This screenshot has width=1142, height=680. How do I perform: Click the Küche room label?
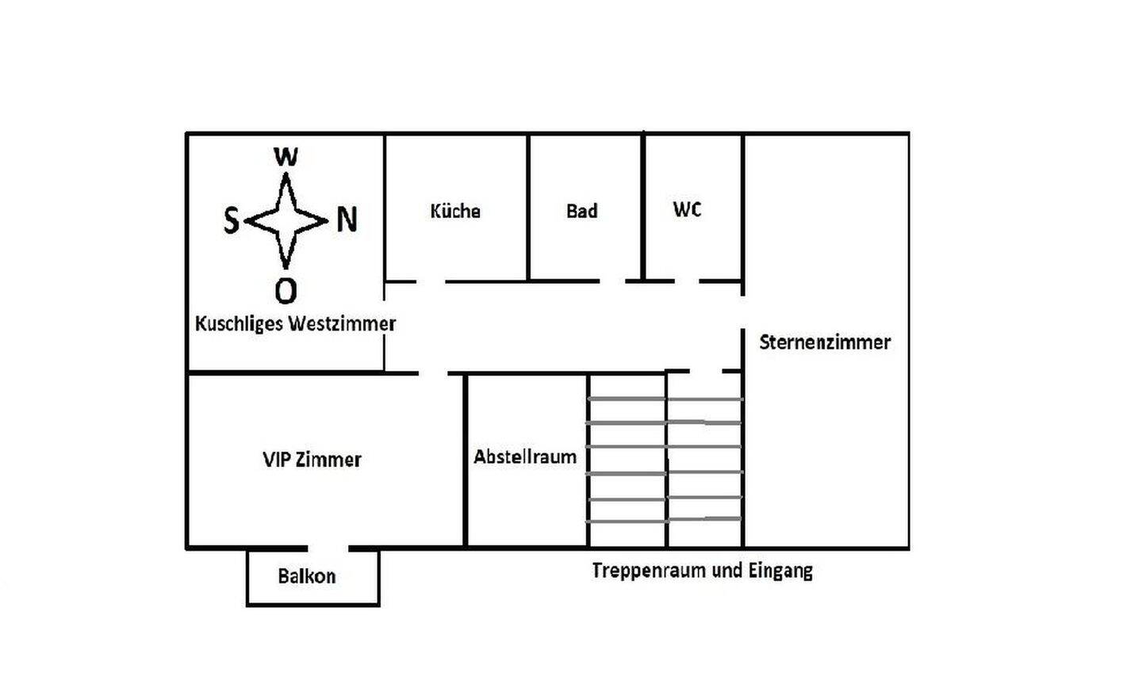[x=455, y=212]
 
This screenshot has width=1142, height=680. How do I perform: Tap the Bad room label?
[x=581, y=212]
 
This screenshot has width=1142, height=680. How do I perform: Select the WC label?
[x=687, y=210]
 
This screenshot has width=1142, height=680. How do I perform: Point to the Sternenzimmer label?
[x=825, y=342]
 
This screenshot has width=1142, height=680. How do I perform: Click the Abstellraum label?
[x=525, y=457]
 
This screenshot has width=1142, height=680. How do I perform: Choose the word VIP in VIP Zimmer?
[x=276, y=460]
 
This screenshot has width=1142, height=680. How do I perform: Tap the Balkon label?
[x=307, y=576]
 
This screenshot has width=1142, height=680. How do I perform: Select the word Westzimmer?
[x=342, y=324]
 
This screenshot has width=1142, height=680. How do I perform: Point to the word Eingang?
[x=780, y=571]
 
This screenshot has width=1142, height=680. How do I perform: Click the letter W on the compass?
[x=285, y=157]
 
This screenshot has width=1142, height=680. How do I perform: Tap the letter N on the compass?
[x=347, y=220]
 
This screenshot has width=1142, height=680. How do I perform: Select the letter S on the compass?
[x=231, y=220]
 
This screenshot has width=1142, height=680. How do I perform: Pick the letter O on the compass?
[x=285, y=291]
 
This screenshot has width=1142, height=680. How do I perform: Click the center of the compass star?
[x=285, y=220]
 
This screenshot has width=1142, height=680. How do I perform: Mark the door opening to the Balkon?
[x=328, y=548]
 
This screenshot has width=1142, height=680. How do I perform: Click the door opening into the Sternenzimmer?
[x=742, y=312]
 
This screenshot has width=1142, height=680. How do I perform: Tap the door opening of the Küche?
[x=430, y=281]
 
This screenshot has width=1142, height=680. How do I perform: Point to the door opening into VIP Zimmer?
[x=433, y=372]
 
